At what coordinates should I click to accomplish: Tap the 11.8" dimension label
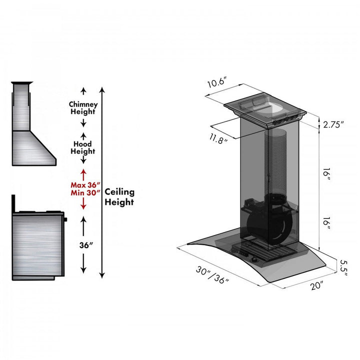tap(218, 138)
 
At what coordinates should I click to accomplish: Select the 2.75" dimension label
tap(333, 124)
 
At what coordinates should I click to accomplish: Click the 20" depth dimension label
tap(315, 286)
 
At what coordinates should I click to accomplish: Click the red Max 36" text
tap(83, 185)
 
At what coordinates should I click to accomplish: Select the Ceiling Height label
tap(119, 197)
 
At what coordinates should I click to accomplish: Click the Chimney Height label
tap(83, 108)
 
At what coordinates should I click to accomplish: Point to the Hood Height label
tap(83, 147)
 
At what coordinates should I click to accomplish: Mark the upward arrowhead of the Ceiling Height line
tap(102, 90)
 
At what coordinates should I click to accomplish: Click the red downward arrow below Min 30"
tap(83, 205)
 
